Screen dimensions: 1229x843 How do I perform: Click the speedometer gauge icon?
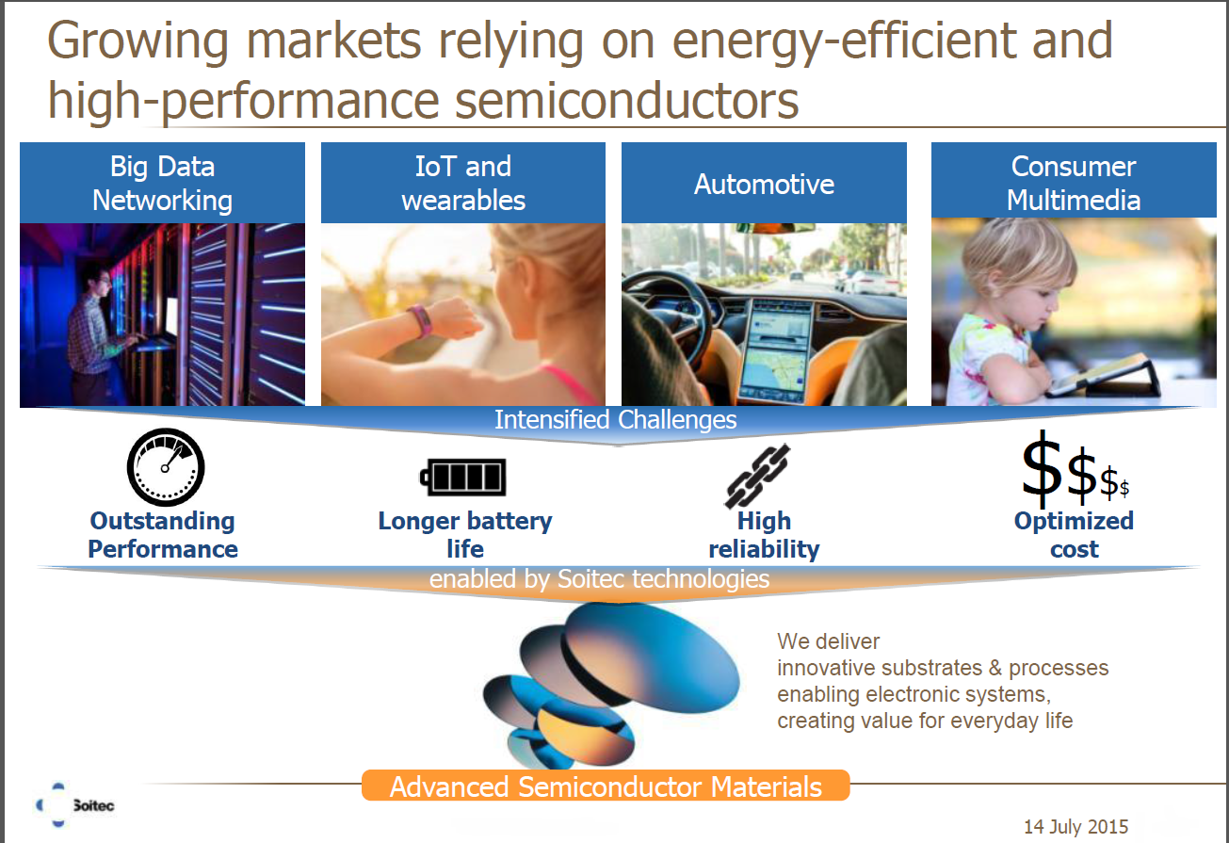pos(166,467)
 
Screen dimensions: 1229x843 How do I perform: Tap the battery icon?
pos(463,477)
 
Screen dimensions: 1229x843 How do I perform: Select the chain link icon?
pos(757,476)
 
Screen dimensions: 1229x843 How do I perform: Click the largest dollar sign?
pos(1042,468)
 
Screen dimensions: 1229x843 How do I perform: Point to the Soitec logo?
pos(74,805)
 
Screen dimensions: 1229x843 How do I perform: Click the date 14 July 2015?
pos(1075,827)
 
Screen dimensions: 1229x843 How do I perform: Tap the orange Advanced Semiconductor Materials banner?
pos(606,786)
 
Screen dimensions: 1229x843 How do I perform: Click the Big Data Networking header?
pos(162,183)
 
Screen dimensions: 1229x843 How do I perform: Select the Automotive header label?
pos(764,183)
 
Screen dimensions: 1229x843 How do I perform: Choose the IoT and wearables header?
pos(463,183)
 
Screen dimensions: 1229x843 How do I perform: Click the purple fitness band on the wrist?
pos(419,321)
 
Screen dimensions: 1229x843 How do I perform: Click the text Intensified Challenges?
pos(615,420)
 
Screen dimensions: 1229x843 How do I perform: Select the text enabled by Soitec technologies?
pos(599,579)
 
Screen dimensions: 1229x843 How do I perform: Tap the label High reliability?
pos(764,535)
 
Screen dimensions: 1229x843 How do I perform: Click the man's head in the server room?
pos(101,281)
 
